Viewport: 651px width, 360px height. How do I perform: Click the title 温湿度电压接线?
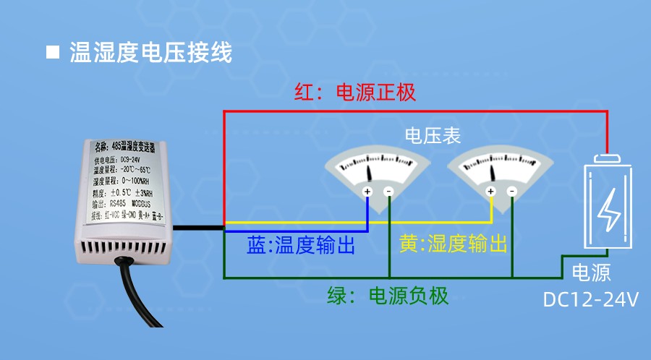(151, 52)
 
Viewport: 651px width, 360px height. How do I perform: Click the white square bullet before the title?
(52, 52)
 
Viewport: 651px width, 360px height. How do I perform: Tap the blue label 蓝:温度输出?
(301, 245)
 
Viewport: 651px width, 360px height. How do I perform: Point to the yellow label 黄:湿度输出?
(452, 244)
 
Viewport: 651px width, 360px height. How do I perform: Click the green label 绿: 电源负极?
(388, 296)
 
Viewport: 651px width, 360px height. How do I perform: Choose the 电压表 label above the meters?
(433, 136)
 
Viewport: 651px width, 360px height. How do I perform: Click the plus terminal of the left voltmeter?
(367, 192)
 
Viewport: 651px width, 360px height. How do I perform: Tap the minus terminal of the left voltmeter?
(388, 192)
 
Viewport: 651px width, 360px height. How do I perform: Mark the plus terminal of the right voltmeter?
(491, 192)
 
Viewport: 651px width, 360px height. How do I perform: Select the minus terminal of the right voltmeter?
(512, 192)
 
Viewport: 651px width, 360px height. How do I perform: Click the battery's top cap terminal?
(608, 158)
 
